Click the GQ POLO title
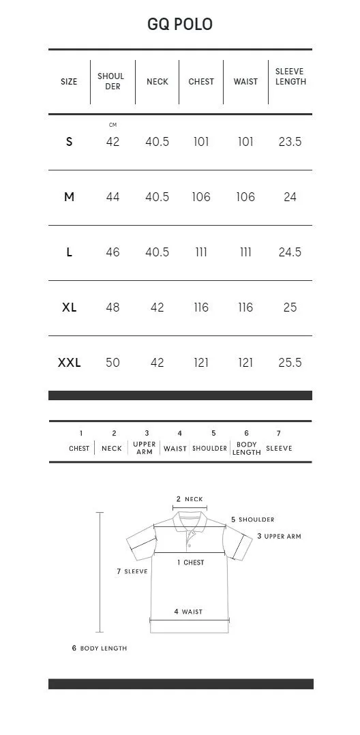point(180,25)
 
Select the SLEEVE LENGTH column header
point(290,76)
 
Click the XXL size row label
point(70,362)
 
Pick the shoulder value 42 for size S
point(112,142)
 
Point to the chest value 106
point(201,197)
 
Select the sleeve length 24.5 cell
point(290,252)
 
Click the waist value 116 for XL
point(245,307)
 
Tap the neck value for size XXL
point(157,362)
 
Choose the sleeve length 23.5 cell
point(290,142)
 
